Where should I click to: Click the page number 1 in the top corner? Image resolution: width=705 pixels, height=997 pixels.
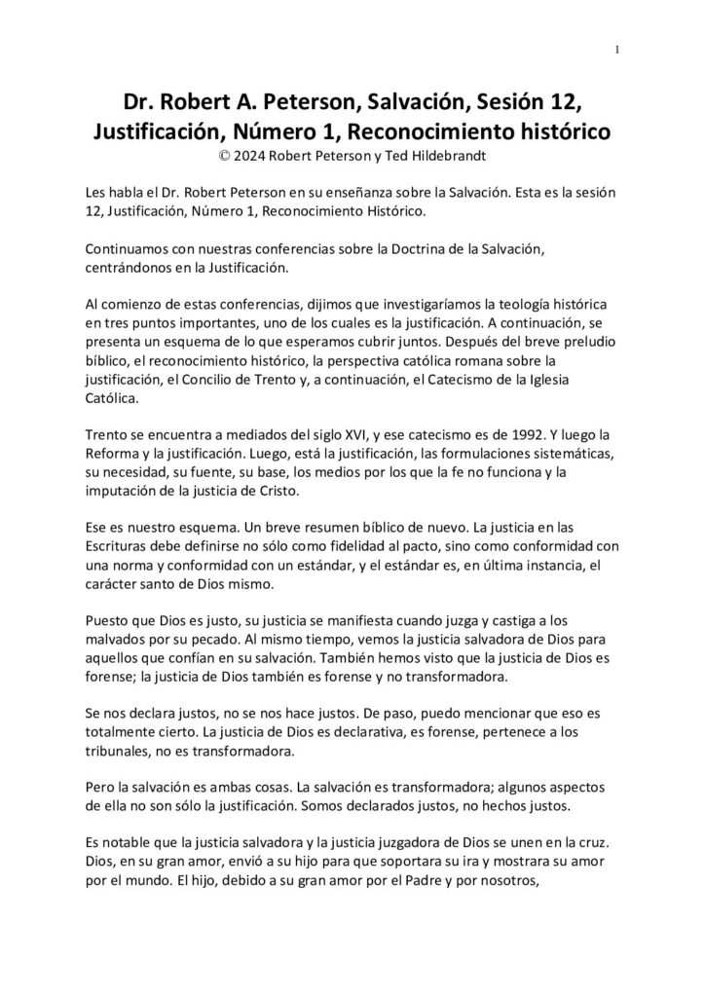coord(618,51)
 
